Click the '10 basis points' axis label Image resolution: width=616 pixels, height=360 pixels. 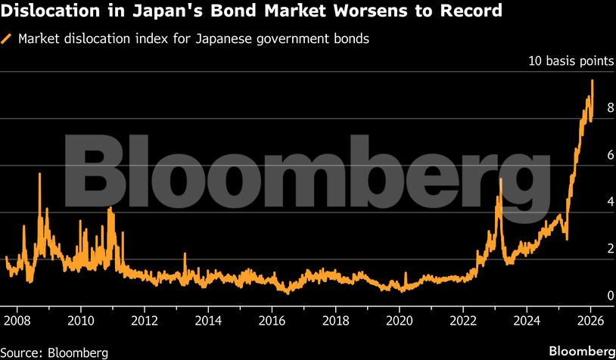click(x=571, y=61)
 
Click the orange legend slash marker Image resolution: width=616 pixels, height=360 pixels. click(x=8, y=39)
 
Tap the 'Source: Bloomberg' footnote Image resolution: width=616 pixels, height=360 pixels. click(x=54, y=352)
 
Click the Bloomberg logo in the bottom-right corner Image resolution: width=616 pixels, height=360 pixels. click(x=581, y=351)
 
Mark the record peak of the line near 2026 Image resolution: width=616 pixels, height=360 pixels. click(x=592, y=81)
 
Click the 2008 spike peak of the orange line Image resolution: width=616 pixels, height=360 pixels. click(x=39, y=175)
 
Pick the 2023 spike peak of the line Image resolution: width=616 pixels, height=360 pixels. click(x=500, y=179)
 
